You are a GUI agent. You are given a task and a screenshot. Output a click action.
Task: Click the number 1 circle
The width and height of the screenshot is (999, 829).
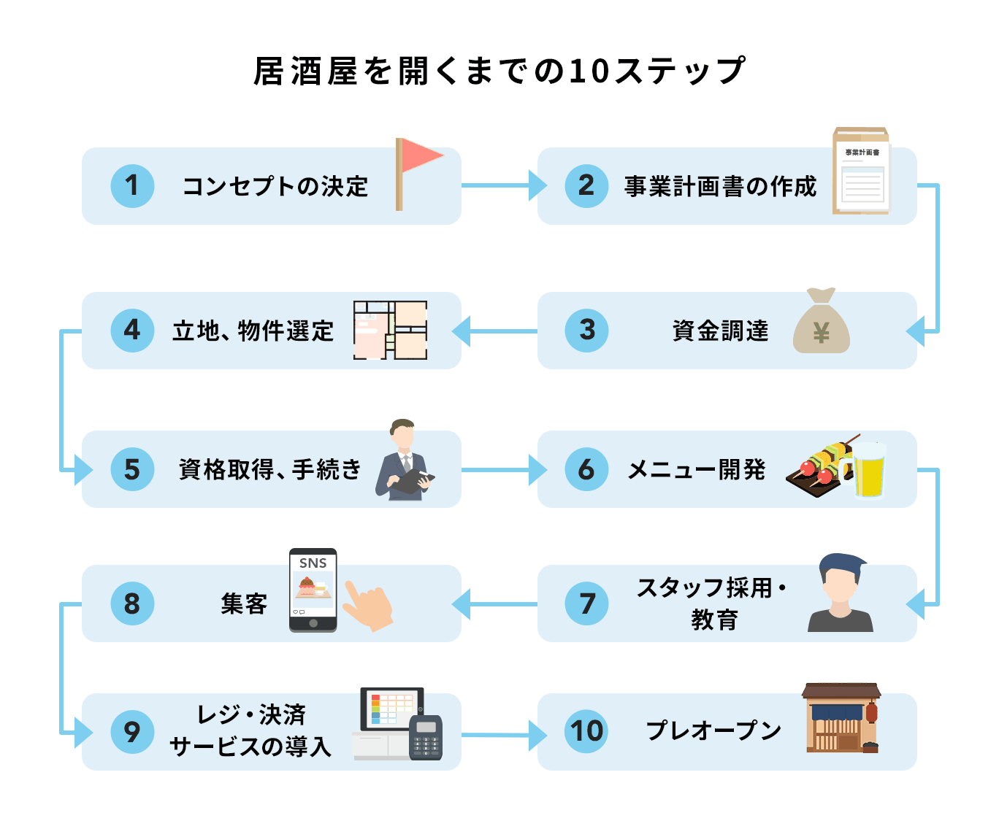pos(132,185)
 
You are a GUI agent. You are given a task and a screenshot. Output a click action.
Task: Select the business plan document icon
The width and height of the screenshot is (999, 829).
pos(861,171)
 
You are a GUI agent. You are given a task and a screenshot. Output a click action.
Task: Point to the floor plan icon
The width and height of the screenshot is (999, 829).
pos(390,330)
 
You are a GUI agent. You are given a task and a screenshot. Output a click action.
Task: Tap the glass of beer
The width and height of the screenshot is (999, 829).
pos(869,471)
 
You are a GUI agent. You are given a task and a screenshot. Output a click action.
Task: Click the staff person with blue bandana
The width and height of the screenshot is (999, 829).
pos(841,593)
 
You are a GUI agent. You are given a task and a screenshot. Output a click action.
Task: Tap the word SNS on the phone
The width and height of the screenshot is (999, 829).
pos(313,563)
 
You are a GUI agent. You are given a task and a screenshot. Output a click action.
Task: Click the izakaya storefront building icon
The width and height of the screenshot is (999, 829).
pos(841,718)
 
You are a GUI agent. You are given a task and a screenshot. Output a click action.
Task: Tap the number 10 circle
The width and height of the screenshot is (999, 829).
pos(586,731)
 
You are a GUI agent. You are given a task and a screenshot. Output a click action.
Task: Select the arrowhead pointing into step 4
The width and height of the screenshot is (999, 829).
pos(462,331)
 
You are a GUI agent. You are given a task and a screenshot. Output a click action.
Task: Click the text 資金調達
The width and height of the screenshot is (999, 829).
pos(720,331)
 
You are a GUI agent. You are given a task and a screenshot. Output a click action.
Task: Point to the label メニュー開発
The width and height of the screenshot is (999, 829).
pos(696,469)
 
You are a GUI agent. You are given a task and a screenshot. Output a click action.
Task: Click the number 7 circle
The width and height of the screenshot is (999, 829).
pos(586,604)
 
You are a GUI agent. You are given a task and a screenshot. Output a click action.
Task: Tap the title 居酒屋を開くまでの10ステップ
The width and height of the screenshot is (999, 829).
pos(499,71)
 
